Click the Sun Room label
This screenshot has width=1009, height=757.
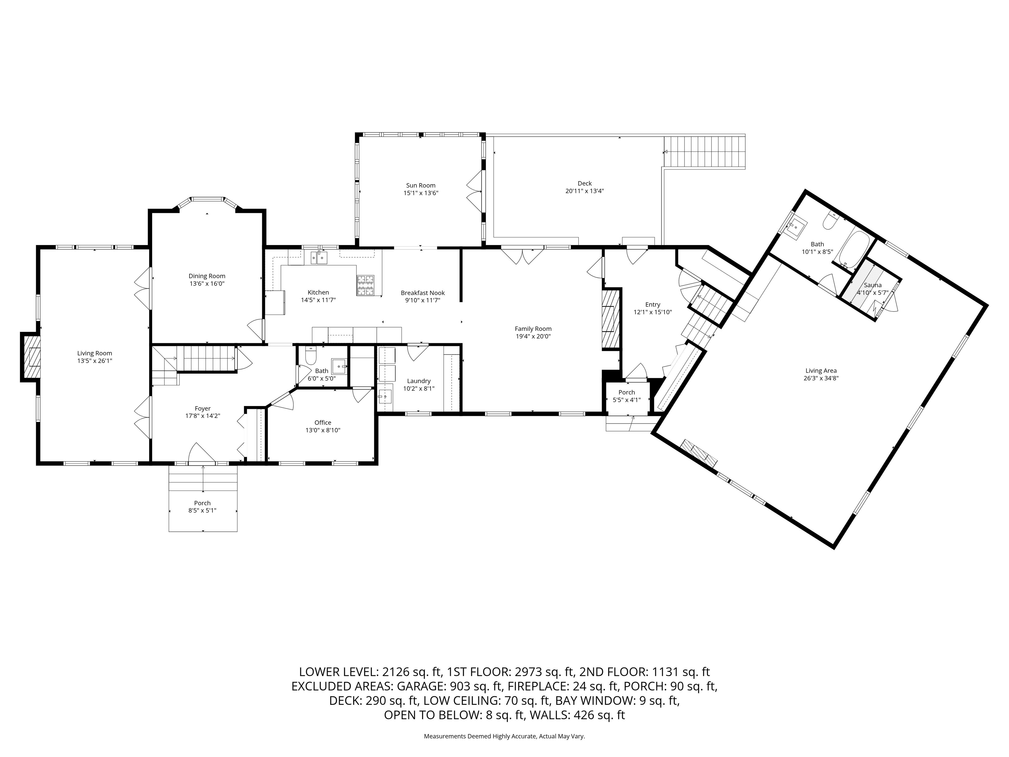point(420,185)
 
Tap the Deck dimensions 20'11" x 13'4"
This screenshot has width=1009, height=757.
point(584,191)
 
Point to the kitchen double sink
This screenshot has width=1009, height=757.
point(319,258)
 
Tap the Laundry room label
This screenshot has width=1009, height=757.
point(418,381)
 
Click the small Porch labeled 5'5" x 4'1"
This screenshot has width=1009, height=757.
point(626,396)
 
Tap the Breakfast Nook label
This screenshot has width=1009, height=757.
point(422,293)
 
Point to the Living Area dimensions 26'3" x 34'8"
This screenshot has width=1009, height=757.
point(821,378)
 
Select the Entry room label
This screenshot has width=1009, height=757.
point(652,304)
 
